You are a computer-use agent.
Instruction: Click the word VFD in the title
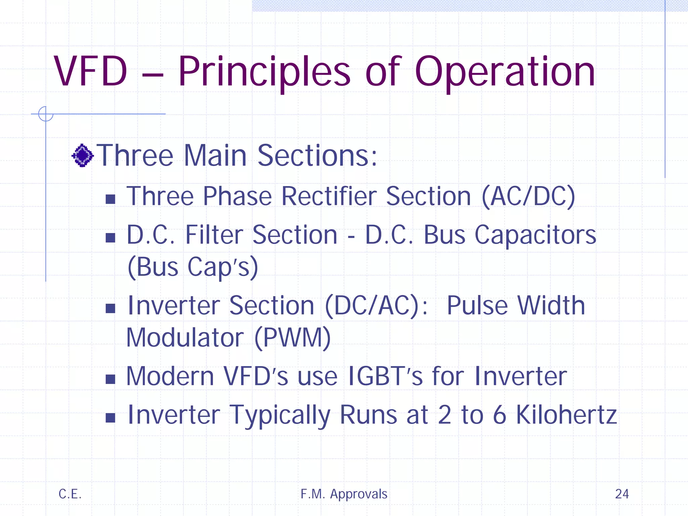[x=90, y=71]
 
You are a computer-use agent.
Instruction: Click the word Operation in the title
[x=505, y=72]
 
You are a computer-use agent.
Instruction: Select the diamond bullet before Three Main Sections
[x=82, y=156]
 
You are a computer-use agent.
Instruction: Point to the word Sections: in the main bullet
[x=317, y=156]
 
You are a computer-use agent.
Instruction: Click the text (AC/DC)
[x=528, y=197]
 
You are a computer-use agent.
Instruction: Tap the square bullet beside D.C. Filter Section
[x=110, y=238]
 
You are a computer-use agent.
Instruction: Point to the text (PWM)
[x=293, y=338]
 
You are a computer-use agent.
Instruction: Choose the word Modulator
[x=185, y=338]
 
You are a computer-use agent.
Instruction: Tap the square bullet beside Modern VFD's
[x=110, y=379]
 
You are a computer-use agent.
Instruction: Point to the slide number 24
[x=622, y=494]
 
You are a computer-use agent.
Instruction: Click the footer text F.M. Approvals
[x=344, y=494]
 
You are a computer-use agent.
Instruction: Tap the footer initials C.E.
[x=70, y=494]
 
